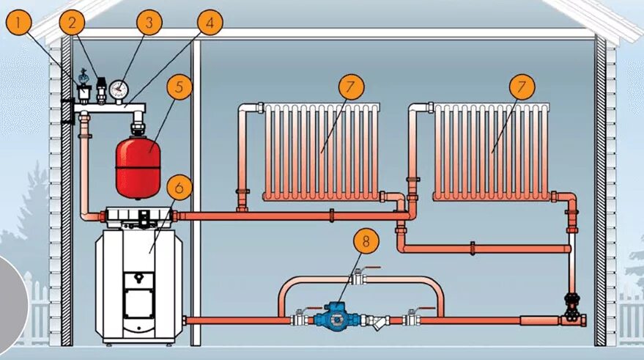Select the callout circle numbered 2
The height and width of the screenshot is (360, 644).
[70, 23]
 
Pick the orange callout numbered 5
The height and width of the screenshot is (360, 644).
[178, 87]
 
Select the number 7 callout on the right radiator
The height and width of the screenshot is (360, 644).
[522, 87]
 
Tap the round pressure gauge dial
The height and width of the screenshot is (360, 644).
[118, 89]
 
